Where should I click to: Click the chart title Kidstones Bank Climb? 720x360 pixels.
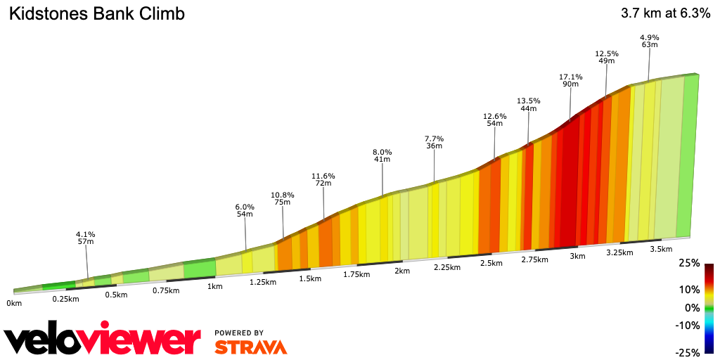[x=96, y=14]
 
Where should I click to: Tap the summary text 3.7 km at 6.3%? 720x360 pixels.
[x=665, y=13]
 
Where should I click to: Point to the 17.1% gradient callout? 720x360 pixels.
[x=570, y=80]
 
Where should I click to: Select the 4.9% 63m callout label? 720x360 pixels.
[x=650, y=41]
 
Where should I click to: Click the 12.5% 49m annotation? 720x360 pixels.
[x=606, y=57]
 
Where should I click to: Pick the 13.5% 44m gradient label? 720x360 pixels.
[x=529, y=104]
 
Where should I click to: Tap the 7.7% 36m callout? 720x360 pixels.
[x=434, y=142]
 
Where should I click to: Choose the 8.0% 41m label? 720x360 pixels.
[x=382, y=155]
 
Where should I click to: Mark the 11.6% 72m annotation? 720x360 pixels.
[x=323, y=179]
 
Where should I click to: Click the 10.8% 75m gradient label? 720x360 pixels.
[x=283, y=198]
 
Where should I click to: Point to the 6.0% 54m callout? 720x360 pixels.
[x=244, y=210]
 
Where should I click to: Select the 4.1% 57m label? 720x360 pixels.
[x=85, y=238]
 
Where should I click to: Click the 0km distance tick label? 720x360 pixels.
[x=14, y=303]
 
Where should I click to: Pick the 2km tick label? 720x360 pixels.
[x=402, y=271]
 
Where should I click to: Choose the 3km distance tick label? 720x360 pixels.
[x=577, y=256]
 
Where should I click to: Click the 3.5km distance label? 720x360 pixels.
[x=661, y=249]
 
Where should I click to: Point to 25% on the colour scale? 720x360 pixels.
[x=690, y=263]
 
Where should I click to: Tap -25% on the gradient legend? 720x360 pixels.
[x=688, y=352]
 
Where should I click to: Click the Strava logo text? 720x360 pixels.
[x=250, y=347]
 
